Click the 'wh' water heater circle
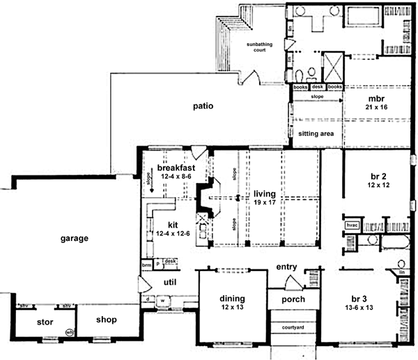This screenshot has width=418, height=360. (70, 332)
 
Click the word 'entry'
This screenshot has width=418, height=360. (287, 267)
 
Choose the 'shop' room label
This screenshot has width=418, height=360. (107, 320)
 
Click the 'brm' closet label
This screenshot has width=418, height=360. (146, 265)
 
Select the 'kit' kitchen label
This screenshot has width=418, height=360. (174, 225)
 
